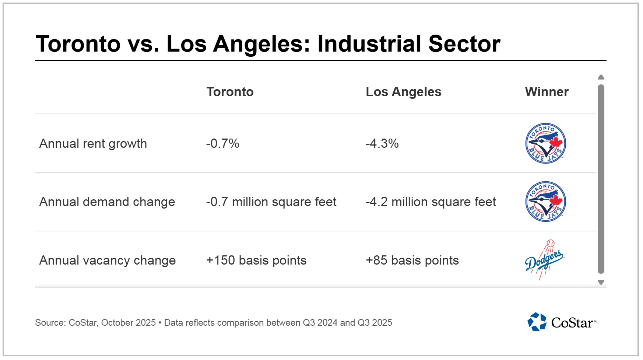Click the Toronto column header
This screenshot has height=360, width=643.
tap(230, 92)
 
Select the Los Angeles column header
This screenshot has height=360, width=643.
tap(403, 92)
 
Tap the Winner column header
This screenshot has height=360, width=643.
tap(547, 92)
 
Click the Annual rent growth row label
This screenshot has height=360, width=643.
tap(93, 143)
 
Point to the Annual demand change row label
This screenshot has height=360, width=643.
tap(107, 202)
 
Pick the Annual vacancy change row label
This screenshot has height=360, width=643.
tap(108, 261)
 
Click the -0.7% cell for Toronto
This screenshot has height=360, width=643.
tap(222, 143)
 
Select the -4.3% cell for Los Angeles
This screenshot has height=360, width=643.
tap(382, 143)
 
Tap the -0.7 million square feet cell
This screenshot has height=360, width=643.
tap(271, 202)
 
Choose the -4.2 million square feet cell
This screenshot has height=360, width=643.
tap(431, 202)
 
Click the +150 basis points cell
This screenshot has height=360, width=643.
tap(256, 261)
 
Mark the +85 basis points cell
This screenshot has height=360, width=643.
tap(412, 261)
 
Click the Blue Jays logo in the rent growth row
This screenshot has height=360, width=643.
tap(545, 143)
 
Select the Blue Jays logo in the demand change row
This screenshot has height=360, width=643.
tap(545, 202)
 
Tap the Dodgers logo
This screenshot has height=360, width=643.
tap(544, 260)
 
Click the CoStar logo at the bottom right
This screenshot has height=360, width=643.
tap(562, 322)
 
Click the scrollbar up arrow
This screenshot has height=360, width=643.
tap(601, 77)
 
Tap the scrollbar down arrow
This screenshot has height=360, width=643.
tap(601, 282)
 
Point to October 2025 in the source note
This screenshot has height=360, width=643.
tap(128, 323)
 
